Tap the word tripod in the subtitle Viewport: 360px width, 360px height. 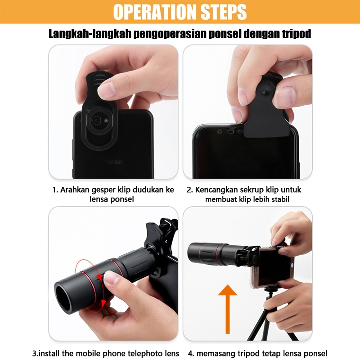coord(295,34)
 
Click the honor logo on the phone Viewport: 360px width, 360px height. coord(113,161)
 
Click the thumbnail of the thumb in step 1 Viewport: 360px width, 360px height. coord(107,89)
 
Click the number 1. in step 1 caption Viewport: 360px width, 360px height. coord(55,189)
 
